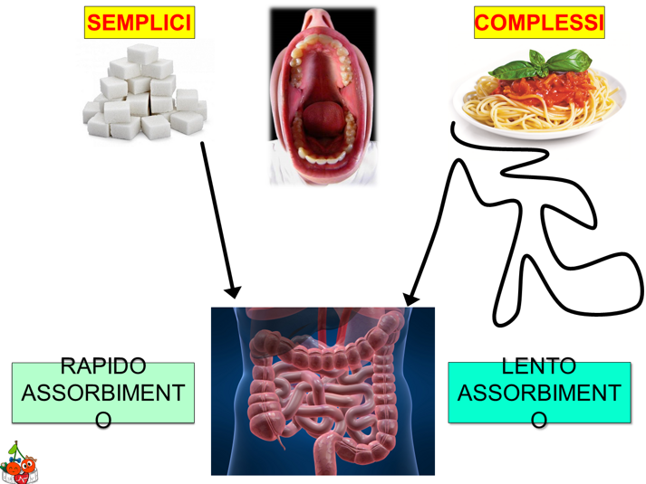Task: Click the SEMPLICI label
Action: pos(140,24)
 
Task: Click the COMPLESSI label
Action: pos(538,24)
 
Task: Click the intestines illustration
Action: pos(323,391)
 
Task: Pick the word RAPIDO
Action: pos(102,366)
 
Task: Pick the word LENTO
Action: pos(538,366)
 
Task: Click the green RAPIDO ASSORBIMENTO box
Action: pos(102,393)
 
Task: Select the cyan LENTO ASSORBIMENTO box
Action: pos(538,393)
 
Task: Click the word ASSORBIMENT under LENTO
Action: pos(538,394)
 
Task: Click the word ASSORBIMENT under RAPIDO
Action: pos(102,394)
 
